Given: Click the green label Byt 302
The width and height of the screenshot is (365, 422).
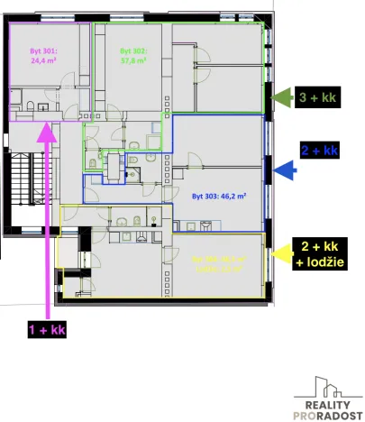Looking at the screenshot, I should pyautogui.click(x=132, y=52).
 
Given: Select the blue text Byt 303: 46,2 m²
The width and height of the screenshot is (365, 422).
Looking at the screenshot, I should pyautogui.click(x=219, y=193).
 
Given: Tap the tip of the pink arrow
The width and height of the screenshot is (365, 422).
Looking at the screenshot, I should pyautogui.click(x=47, y=126).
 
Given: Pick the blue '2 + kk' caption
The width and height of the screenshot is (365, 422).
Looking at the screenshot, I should pyautogui.click(x=319, y=150).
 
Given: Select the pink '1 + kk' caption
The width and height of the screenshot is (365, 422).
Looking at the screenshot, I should pyautogui.click(x=47, y=330).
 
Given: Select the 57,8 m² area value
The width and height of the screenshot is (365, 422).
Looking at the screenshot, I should pyautogui.click(x=132, y=63).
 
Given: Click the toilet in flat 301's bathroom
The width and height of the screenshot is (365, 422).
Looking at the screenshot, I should pyautogui.click(x=30, y=110).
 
